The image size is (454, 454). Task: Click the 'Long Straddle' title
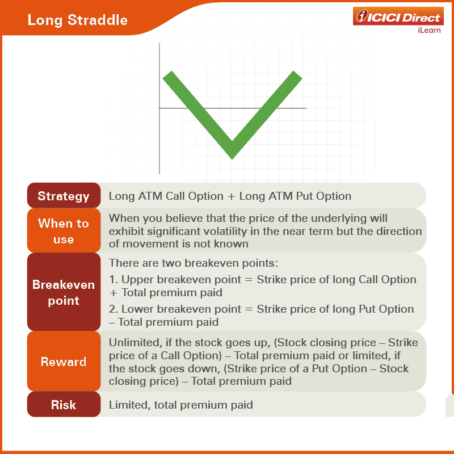(x=78, y=20)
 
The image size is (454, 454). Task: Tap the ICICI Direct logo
(x=398, y=16)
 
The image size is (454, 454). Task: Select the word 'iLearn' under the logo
(x=429, y=30)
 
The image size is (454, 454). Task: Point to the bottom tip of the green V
(x=232, y=158)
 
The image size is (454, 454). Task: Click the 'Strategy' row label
(x=64, y=196)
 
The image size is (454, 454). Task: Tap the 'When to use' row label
(x=64, y=231)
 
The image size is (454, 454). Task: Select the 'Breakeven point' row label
(x=64, y=292)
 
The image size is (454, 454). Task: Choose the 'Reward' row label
(x=64, y=361)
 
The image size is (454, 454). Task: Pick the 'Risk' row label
(x=64, y=405)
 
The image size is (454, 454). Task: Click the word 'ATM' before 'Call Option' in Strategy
(x=150, y=196)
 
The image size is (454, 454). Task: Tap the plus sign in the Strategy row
(x=231, y=196)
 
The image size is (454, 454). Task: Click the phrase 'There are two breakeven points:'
(x=194, y=263)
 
